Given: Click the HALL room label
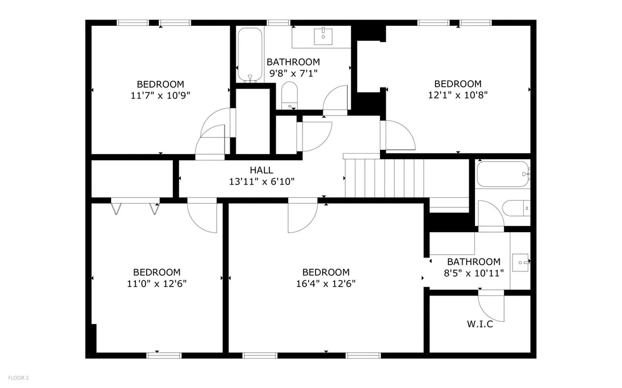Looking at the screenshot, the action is (262, 170).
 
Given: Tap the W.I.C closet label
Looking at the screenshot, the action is (480, 324).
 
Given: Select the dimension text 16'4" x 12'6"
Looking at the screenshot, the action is (326, 284).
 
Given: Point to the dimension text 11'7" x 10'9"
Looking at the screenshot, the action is (160, 95).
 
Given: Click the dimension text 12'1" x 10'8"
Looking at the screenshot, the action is (458, 95).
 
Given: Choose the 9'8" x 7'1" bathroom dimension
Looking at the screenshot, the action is (294, 73).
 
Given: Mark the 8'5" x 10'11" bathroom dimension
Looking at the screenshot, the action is (474, 273).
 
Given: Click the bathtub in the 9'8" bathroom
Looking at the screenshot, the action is (250, 55).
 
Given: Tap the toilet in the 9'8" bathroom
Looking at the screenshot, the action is (289, 95).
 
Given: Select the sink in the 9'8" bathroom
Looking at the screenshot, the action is (323, 36).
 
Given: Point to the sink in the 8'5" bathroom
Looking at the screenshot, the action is (520, 262).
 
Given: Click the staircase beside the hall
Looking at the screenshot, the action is (406, 178).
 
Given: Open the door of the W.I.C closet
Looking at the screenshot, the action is (491, 306).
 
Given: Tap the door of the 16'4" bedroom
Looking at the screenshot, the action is (303, 217).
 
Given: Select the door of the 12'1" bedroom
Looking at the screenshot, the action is (397, 135).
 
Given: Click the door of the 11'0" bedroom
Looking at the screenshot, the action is (202, 217).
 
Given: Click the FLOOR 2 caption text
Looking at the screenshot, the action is (19, 378).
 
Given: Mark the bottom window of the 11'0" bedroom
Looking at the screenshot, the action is (164, 355).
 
